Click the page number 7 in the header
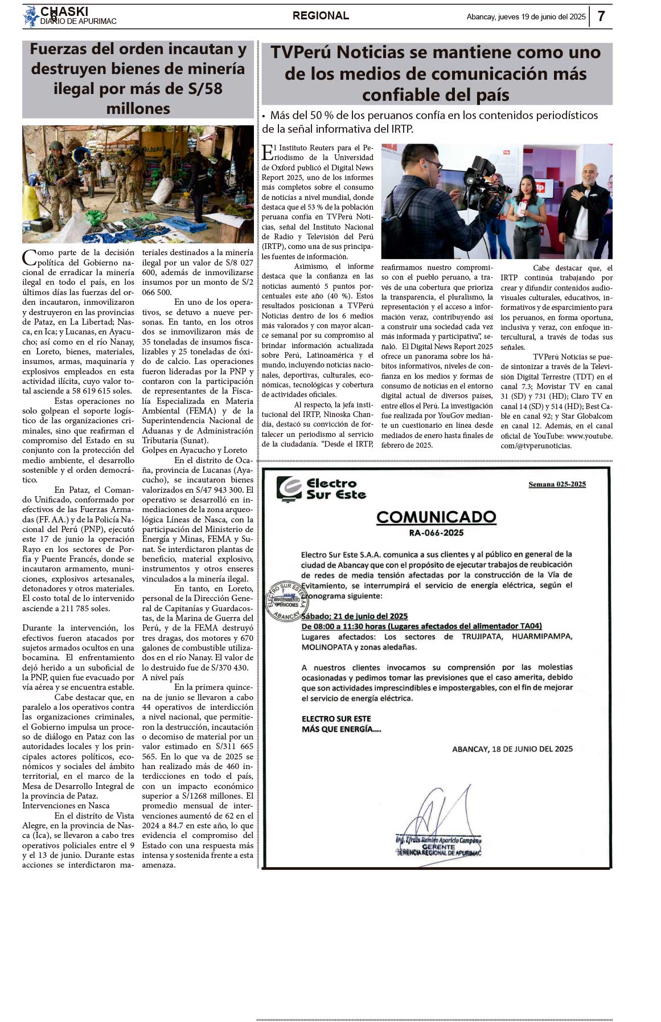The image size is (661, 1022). pos(601,17)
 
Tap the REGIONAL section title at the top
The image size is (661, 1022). pos(321,16)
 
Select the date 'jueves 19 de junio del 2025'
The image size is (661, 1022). pos(541,17)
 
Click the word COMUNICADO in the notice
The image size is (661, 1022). pos(436,517)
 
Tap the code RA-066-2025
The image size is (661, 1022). pos(436,533)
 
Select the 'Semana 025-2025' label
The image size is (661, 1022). pos(557,484)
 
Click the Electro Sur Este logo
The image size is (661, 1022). pos(321,489)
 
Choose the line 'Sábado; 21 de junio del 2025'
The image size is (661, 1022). pos(355,616)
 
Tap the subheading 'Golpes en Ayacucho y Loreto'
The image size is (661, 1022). pos(195,450)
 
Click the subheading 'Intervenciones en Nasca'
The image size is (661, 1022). pos(66,806)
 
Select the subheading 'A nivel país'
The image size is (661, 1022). pos(163,677)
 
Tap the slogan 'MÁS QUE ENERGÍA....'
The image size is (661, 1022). pos(342,729)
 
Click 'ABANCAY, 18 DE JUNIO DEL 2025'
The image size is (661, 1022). pos(512,749)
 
